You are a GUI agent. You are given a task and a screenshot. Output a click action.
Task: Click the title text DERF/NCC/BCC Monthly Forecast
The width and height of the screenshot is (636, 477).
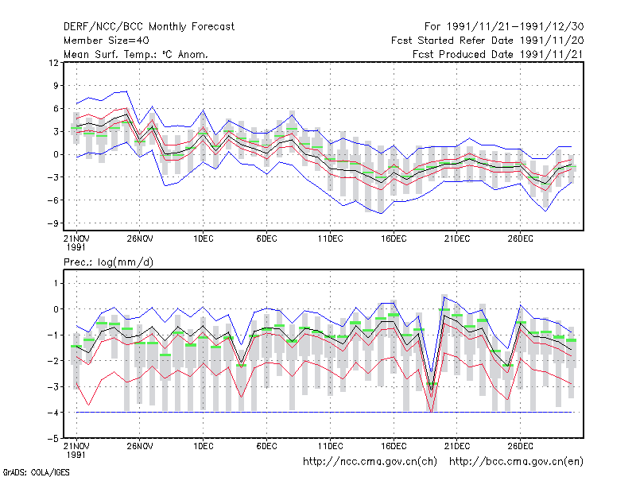(149, 27)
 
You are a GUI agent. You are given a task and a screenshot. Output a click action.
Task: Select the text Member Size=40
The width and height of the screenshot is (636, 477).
(107, 41)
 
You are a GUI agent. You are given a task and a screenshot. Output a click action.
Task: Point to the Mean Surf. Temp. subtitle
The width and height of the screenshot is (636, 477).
(135, 54)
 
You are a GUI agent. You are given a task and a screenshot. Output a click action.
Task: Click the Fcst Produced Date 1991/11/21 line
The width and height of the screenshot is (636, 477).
(498, 54)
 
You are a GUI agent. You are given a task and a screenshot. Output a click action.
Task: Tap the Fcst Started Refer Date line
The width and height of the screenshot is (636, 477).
(487, 41)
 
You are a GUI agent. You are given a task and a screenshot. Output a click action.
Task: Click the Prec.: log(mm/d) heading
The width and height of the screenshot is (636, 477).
(108, 262)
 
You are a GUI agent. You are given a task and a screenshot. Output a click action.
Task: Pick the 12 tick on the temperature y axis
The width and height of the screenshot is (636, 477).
(53, 63)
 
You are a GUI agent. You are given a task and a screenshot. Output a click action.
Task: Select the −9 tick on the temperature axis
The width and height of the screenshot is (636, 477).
(52, 223)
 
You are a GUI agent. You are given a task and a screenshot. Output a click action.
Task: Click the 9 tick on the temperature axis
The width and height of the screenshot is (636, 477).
(56, 86)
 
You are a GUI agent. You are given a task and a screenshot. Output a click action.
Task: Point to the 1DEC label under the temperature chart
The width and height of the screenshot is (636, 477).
(204, 238)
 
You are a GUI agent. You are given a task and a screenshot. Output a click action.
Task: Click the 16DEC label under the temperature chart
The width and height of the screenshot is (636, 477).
(394, 238)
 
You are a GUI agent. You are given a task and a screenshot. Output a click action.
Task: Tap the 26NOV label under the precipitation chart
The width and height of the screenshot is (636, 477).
(140, 446)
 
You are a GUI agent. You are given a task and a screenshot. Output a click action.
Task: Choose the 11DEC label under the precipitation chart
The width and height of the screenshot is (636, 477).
(330, 446)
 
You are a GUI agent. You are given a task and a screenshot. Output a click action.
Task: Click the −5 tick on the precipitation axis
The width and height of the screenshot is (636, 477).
(52, 439)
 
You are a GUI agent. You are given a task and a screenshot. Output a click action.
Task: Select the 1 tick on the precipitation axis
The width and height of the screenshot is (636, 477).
(56, 283)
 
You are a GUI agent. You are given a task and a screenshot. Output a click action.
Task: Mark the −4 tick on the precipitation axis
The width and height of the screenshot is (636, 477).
(52, 413)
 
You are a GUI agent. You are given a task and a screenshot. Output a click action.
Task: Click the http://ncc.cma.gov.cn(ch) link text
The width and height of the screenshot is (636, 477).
(370, 462)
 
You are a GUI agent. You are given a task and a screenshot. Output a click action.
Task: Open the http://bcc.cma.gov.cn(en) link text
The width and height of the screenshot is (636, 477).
(516, 462)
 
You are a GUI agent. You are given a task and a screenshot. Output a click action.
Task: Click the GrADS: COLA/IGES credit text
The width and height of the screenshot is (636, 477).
(36, 472)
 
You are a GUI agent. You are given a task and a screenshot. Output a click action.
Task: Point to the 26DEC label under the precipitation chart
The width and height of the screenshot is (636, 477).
(521, 446)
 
